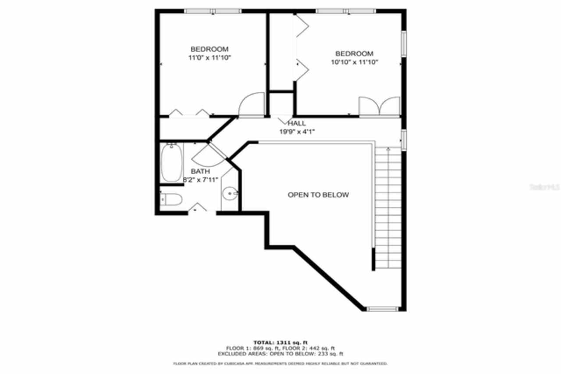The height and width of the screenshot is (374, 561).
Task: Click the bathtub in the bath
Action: point(171,163)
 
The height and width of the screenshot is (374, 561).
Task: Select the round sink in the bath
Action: point(230,193)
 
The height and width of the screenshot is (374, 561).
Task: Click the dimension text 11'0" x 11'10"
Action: point(209,58)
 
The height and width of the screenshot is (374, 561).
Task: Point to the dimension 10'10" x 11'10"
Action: point(355,62)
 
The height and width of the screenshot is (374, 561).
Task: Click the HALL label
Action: point(297,123)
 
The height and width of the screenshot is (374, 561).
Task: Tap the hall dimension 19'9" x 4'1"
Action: point(297,131)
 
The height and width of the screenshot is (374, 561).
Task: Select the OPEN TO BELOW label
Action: point(318,194)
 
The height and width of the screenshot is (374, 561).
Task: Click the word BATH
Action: point(200,171)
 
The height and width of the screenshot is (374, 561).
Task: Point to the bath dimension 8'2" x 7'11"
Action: point(200,179)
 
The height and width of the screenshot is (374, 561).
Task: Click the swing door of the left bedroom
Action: point(252,105)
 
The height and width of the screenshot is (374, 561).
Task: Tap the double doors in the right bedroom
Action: point(380,107)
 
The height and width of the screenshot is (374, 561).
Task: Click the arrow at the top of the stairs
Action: point(388,150)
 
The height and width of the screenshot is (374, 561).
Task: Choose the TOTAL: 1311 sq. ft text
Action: point(280,342)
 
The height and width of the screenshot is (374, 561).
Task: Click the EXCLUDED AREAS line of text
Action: point(280,353)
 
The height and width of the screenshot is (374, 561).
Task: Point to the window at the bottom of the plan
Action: point(383,309)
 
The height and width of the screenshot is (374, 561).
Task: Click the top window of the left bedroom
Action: point(213,11)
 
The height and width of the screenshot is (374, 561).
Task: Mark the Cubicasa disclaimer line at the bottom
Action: point(280,364)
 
